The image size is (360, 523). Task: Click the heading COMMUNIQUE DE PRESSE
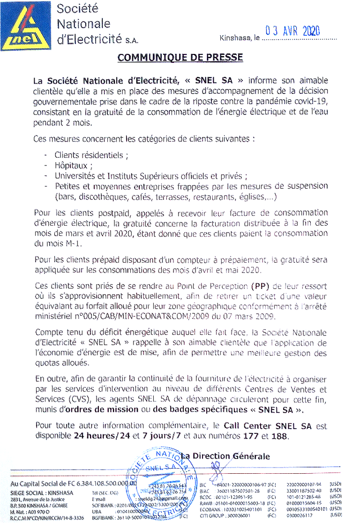[x=180, y=58]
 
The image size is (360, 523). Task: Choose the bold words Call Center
[x=247, y=426]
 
